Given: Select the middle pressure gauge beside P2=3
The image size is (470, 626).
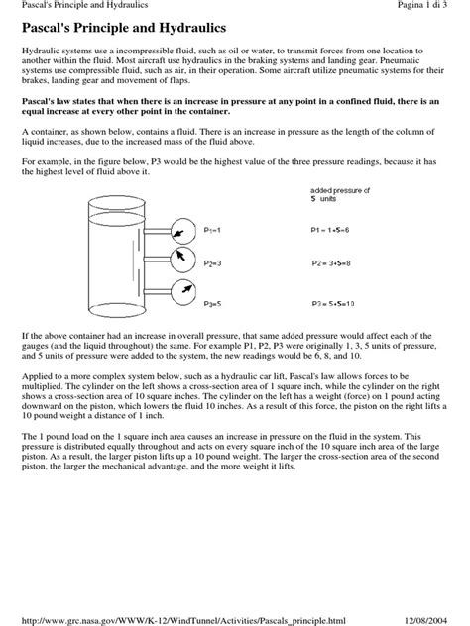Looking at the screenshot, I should click(x=180, y=260).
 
